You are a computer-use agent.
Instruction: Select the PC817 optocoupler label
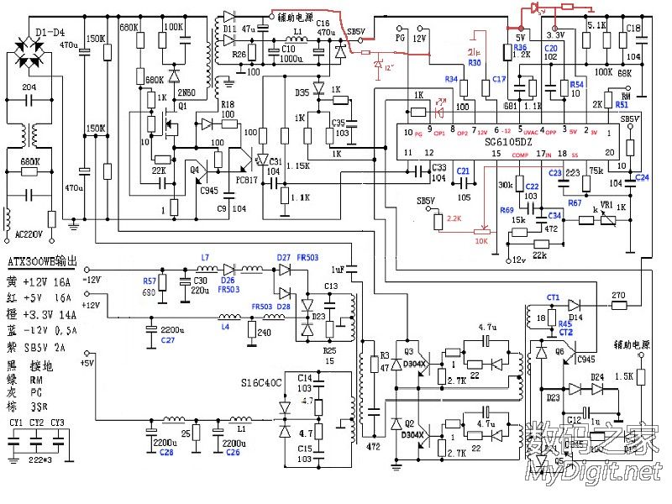point(246,178)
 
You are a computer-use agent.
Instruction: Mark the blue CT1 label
point(553,297)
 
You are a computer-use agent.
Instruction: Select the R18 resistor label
point(227,105)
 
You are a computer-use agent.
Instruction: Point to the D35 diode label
point(303,91)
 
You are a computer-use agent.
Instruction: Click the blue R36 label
point(521,48)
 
